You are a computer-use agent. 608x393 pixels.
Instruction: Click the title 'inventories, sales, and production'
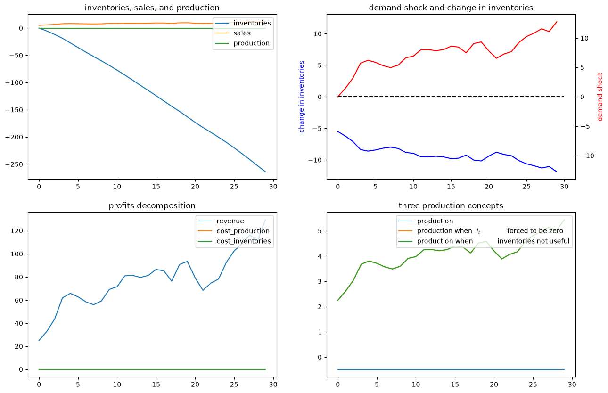point(152,8)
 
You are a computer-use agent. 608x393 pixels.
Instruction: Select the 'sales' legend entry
point(242,33)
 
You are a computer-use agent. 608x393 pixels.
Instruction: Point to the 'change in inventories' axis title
point(301,97)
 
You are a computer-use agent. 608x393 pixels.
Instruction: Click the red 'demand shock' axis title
point(600,97)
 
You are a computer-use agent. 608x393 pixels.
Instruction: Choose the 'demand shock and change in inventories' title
point(451,8)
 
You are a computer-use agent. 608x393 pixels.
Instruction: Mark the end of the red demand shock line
point(557,22)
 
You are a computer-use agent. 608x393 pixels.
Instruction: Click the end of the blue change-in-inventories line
point(557,172)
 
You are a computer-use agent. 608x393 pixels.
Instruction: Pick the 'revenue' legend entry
point(230,221)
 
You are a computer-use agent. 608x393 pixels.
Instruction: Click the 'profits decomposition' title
point(152,206)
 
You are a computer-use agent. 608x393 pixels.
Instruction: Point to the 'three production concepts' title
point(451,206)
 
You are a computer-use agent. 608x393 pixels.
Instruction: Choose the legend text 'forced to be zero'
point(535,231)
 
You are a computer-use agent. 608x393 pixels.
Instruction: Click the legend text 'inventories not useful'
point(534,241)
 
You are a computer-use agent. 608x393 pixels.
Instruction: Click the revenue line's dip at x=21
point(203,290)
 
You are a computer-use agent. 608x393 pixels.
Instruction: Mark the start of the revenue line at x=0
point(39,340)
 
